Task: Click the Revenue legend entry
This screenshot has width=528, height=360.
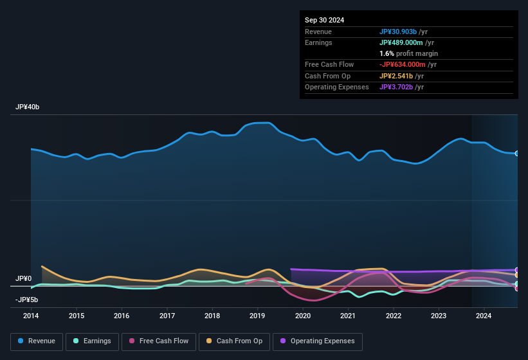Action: (36, 341)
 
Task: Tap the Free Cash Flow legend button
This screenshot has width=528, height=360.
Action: (159, 341)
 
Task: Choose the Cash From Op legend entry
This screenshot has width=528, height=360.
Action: (235, 341)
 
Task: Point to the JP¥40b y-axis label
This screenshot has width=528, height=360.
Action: (28, 107)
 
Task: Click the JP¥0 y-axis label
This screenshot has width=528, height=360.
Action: (23, 278)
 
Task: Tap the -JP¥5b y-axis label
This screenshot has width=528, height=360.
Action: (26, 300)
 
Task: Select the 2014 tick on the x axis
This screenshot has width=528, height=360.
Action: (31, 316)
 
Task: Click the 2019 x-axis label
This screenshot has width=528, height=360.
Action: (257, 316)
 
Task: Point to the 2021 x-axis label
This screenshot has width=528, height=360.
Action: (348, 316)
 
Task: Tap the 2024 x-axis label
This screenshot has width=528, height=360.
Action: (484, 316)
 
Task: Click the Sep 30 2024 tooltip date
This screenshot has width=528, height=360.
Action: (324, 20)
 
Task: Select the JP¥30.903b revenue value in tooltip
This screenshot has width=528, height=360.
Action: (398, 32)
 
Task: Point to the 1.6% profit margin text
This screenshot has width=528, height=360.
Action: (409, 53)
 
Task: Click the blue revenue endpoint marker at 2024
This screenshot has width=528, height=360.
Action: (517, 154)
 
